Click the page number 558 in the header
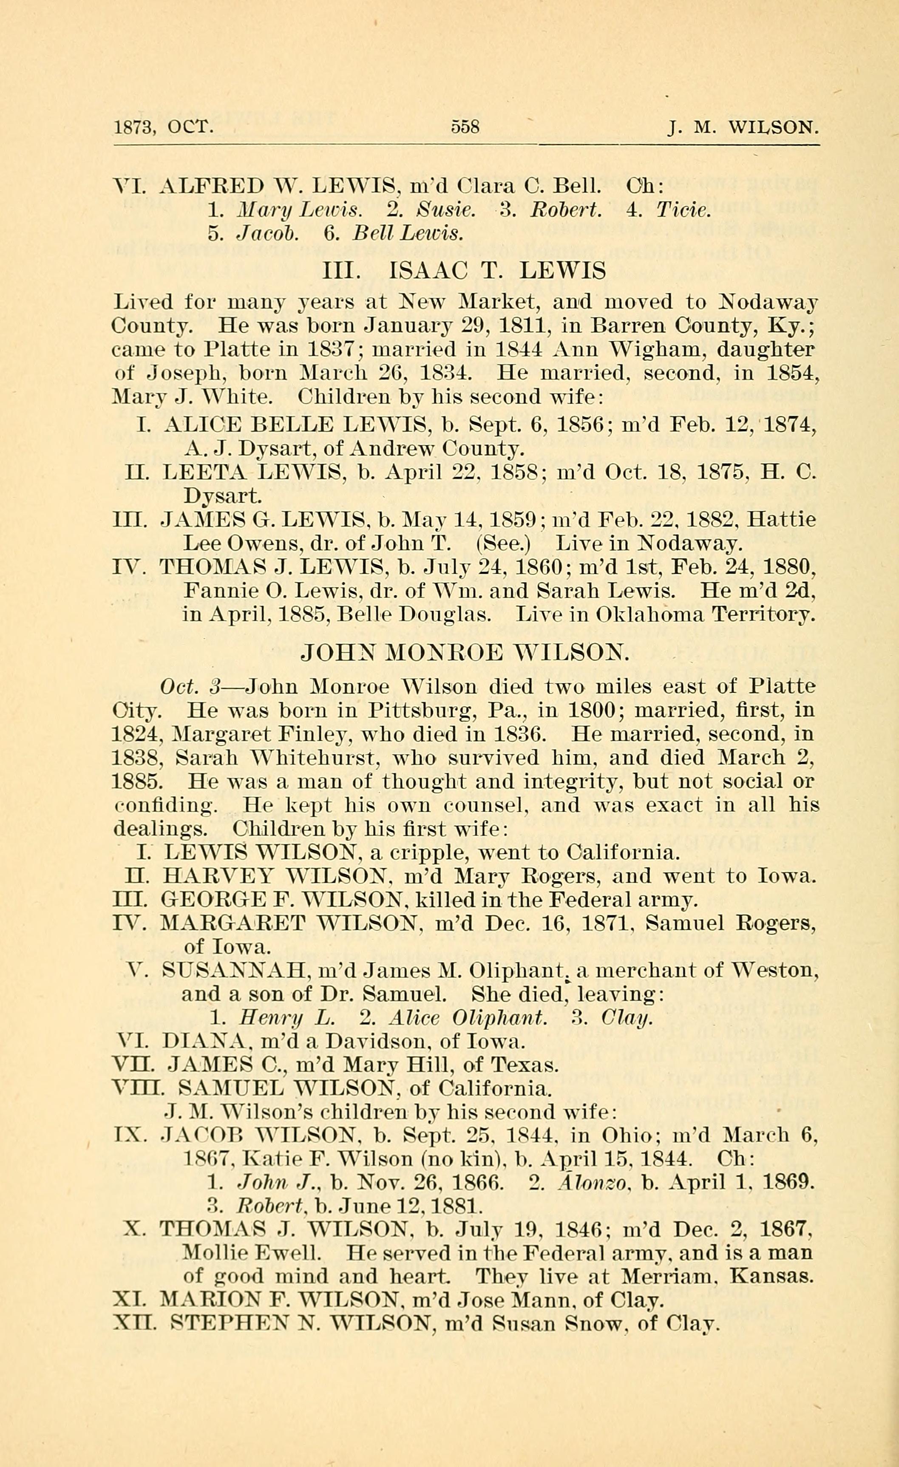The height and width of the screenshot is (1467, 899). [465, 127]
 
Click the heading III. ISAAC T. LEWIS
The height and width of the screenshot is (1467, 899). [464, 272]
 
